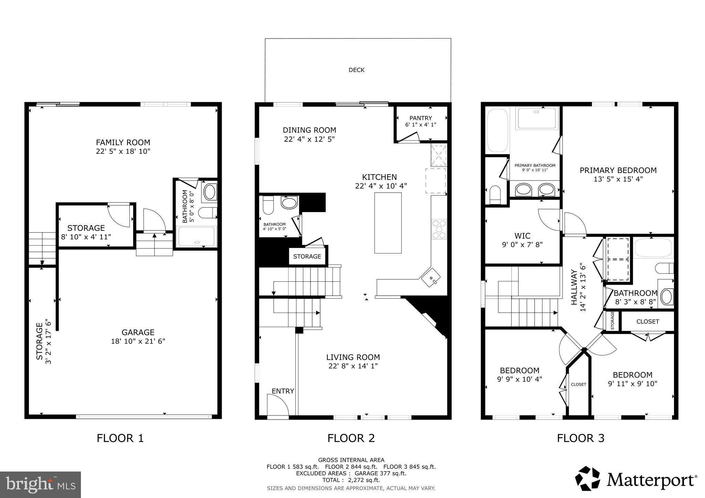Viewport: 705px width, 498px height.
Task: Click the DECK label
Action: point(356,70)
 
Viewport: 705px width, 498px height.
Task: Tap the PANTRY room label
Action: point(420,118)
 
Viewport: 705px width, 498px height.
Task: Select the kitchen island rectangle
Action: point(388,223)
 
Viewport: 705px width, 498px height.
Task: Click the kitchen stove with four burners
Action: point(439,229)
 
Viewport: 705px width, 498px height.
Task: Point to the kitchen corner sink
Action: point(431,278)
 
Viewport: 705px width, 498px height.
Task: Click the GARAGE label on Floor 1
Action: point(138,332)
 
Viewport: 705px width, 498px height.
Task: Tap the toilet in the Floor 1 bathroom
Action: point(209,213)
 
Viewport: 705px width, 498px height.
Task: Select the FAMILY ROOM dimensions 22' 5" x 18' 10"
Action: point(123,151)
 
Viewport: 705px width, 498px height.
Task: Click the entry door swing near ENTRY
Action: point(278,406)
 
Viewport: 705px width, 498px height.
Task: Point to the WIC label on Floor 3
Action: point(522,236)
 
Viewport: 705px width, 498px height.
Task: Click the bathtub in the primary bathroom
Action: point(497,131)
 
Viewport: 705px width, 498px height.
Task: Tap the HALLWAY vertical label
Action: point(574,287)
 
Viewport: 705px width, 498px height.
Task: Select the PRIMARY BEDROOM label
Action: point(618,170)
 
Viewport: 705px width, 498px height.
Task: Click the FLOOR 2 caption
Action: point(351,438)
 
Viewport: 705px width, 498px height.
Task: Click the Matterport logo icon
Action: point(588,478)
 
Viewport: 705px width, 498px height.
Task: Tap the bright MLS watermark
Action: point(40,485)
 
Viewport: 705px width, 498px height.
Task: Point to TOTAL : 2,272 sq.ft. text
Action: point(351,480)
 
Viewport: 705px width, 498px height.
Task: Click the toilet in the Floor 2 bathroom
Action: point(267,206)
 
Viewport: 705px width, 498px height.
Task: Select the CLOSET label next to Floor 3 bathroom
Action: point(648,322)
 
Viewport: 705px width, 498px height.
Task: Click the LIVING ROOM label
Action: point(353,357)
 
